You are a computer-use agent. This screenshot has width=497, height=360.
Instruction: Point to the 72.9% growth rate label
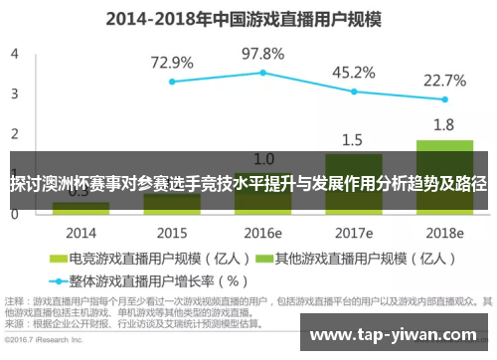point(172,62)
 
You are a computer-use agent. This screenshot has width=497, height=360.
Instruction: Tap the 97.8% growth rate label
point(263,53)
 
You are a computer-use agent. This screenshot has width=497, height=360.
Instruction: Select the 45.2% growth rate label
point(353,72)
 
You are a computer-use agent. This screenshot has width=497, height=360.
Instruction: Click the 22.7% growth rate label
point(444,81)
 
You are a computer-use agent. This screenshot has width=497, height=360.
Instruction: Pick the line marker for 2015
point(172,82)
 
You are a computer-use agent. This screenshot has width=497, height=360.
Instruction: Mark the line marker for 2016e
point(263,73)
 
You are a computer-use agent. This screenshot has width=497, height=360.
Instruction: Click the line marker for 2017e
point(354,91)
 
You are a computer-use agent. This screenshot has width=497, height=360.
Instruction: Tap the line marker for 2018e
point(444,100)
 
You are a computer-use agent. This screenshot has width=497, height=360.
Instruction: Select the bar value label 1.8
point(444,125)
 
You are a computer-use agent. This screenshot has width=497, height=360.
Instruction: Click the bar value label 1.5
point(353,139)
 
